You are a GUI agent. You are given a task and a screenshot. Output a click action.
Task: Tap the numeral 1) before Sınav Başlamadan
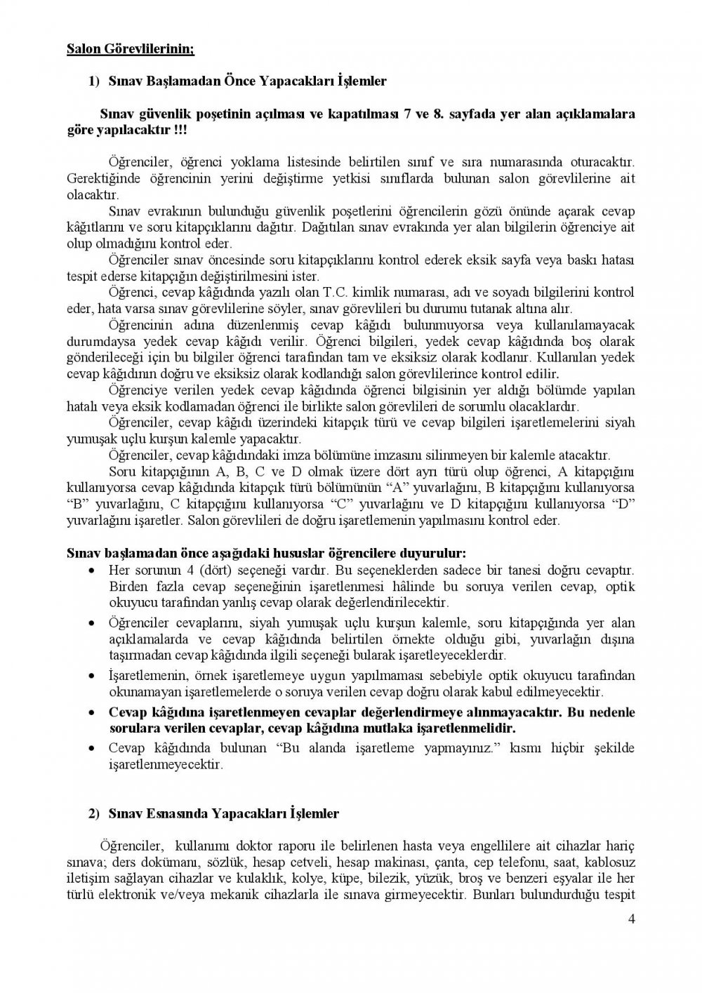94,81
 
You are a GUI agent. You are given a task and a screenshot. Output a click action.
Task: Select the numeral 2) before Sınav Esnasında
94,813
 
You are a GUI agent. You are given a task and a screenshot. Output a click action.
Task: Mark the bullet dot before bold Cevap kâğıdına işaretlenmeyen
93,713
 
